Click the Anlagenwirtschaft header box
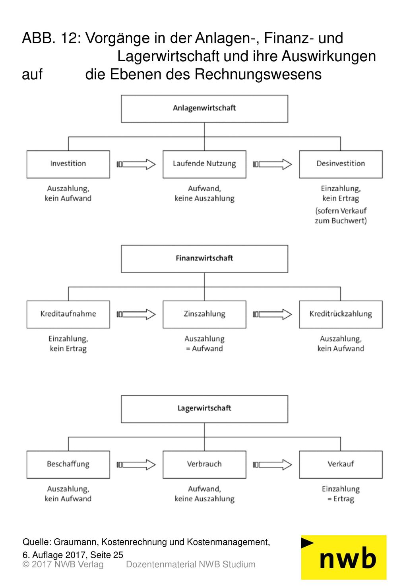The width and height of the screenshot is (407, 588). pos(204,109)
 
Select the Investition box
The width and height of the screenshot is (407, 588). pos(68,164)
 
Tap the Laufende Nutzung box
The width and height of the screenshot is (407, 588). pos(204,164)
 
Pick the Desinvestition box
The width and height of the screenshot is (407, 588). pos(341,164)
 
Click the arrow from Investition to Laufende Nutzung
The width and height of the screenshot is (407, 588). pos(136,164)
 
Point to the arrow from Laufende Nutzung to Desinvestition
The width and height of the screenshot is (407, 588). pos(272,164)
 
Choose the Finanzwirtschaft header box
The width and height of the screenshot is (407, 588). pos(204,259)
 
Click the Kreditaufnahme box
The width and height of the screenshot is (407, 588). pos(68,314)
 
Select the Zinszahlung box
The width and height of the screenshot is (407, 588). pos(204,314)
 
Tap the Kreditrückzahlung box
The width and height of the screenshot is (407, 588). pos(341,314)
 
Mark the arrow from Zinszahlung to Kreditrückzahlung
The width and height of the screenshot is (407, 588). pos(272,314)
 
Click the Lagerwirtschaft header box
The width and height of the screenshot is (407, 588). pos(204,409)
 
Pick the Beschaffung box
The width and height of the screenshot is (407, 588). pos(68,465)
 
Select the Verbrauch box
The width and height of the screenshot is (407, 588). pos(204,465)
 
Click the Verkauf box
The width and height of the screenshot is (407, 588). pos(341,465)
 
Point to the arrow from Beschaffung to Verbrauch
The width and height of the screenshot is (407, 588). pos(136,464)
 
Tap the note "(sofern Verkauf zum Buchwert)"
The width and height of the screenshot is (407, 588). pos(341,215)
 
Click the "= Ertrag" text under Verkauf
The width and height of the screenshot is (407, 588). pos(341,499)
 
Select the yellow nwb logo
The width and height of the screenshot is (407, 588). pos(344,557)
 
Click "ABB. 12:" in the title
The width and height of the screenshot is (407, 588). pos(52,38)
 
